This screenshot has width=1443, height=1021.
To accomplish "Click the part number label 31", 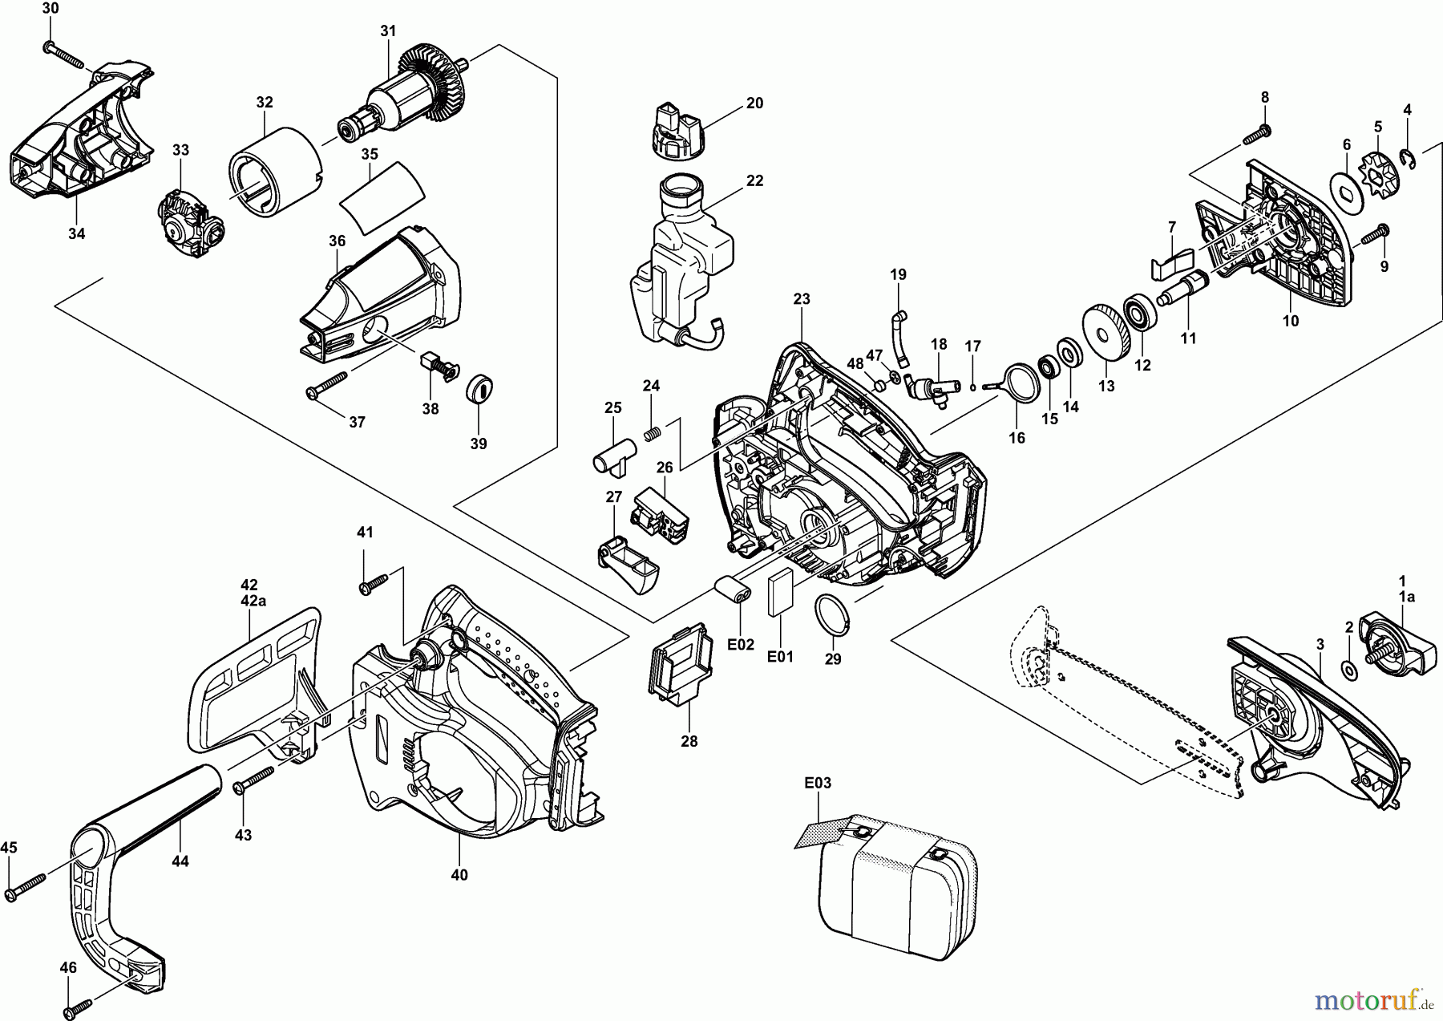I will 388,31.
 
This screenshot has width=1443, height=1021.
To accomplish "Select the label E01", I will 780,657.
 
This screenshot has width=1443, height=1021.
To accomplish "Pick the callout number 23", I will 802,299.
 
